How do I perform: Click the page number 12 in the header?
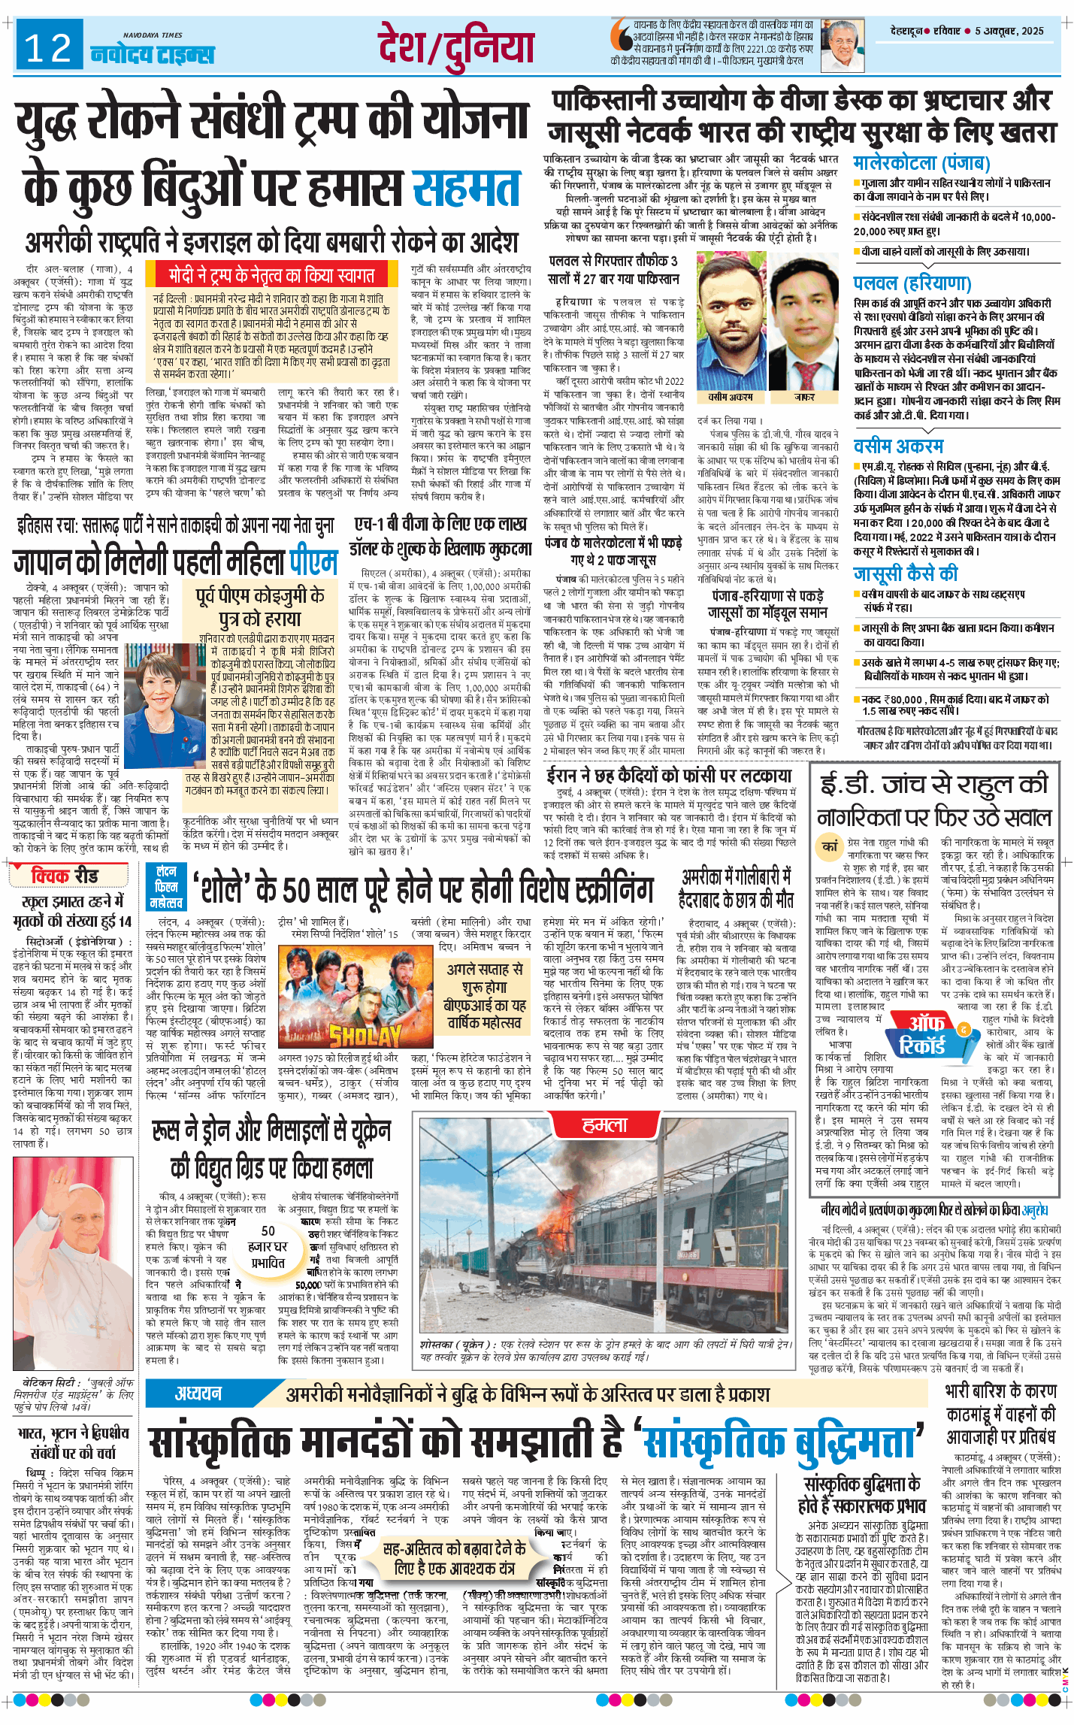tap(48, 49)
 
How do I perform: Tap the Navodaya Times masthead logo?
tap(153, 52)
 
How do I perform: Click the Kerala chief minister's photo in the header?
tap(843, 46)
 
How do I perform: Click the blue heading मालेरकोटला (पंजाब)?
tap(921, 162)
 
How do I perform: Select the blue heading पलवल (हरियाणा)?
tap(912, 283)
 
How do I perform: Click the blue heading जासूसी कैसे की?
tap(905, 573)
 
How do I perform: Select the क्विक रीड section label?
tap(65, 875)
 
